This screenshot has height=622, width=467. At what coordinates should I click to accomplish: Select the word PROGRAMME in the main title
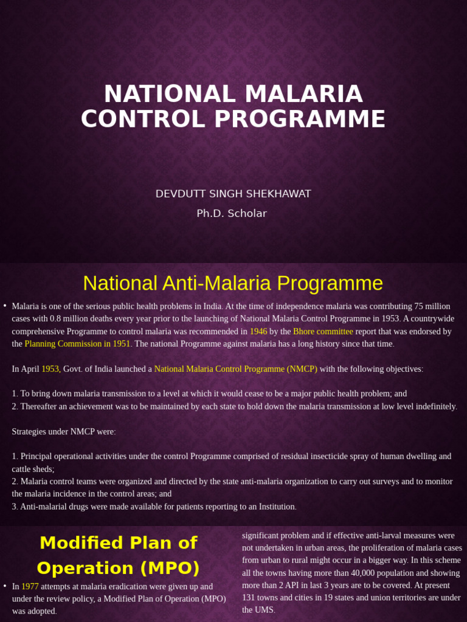pyautogui.click(x=300, y=119)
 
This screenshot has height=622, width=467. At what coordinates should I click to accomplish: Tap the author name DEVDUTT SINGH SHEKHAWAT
pyautogui.click(x=233, y=194)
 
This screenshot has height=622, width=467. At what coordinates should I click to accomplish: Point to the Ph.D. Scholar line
pyautogui.click(x=232, y=213)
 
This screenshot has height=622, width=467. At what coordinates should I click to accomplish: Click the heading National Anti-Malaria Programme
pyautogui.click(x=233, y=283)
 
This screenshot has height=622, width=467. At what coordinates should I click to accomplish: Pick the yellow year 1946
pyautogui.click(x=258, y=331)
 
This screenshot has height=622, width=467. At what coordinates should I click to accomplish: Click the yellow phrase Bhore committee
pyautogui.click(x=323, y=331)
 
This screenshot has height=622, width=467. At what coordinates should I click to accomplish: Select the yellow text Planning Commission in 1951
pyautogui.click(x=77, y=344)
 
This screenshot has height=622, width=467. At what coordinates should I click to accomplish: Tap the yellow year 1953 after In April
pyautogui.click(x=50, y=369)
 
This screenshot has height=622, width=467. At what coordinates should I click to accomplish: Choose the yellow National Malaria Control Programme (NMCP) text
pyautogui.click(x=236, y=369)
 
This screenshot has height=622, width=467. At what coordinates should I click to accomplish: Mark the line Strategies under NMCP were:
pyautogui.click(x=64, y=431)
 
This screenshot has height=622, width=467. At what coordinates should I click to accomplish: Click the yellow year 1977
pyautogui.click(x=30, y=586)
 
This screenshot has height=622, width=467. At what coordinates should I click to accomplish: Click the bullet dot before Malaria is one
pyautogui.click(x=5, y=306)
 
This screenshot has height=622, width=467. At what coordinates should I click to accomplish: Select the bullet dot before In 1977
pyautogui.click(x=5, y=586)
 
